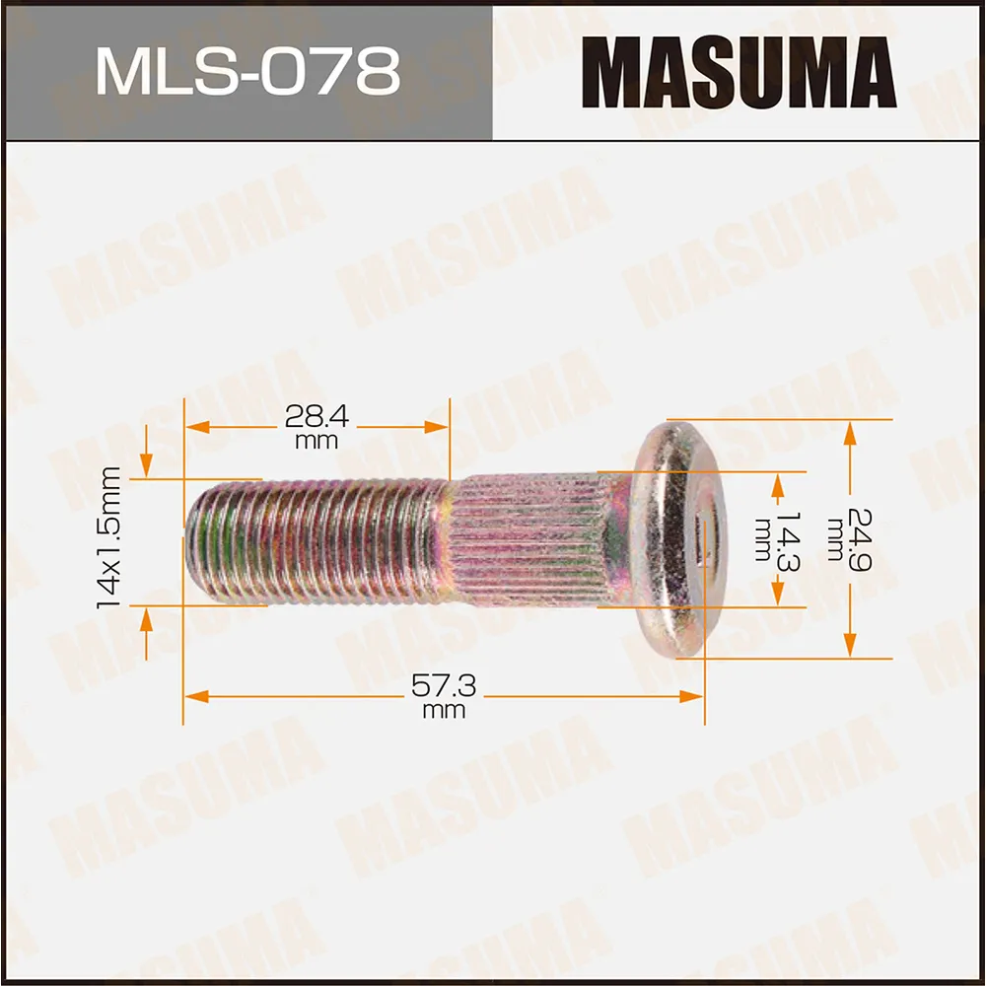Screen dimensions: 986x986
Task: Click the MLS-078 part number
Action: point(246,71)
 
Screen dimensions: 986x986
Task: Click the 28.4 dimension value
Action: point(317,416)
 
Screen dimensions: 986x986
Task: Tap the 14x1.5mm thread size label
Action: point(109,537)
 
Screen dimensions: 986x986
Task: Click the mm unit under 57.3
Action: point(443,711)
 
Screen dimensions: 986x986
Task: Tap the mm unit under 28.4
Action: point(317,441)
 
